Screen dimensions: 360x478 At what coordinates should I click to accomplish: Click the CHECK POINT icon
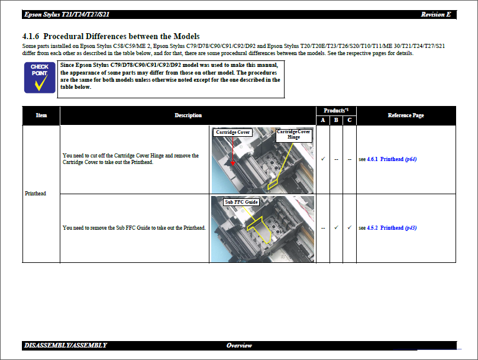(x=40, y=78)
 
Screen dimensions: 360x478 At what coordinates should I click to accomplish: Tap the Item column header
(x=41, y=115)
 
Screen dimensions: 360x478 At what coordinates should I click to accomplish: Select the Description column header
(x=188, y=115)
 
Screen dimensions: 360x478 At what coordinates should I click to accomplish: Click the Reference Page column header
(x=406, y=115)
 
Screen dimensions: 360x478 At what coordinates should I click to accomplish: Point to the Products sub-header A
(x=323, y=120)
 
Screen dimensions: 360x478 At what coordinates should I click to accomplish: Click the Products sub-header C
(x=350, y=120)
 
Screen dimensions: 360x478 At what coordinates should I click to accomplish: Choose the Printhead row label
(x=35, y=194)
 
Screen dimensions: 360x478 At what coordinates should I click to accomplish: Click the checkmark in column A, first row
(x=323, y=159)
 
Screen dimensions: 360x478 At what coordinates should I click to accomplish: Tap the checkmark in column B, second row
(x=336, y=227)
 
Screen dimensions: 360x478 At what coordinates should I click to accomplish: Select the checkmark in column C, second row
(x=350, y=227)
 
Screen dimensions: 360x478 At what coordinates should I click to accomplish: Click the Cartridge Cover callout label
(x=232, y=132)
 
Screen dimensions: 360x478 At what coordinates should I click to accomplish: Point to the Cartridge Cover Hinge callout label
(x=293, y=134)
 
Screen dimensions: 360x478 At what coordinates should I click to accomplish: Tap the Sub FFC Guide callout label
(x=241, y=202)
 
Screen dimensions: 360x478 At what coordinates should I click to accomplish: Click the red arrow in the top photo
(x=233, y=162)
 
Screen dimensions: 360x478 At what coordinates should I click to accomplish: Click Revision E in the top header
(x=435, y=14)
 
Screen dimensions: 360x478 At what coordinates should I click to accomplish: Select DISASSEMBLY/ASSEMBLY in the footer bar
(x=66, y=345)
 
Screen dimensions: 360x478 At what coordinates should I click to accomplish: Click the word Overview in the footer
(x=239, y=345)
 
